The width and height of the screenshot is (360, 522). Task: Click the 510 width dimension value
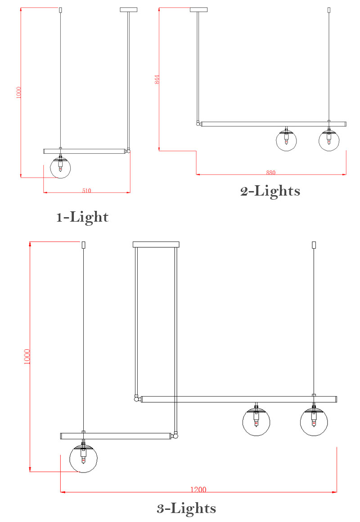pos(86,191)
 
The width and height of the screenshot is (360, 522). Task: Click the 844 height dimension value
pos(157,80)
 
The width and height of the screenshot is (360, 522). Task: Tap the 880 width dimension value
pos(270,172)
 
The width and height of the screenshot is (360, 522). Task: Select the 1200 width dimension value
pos(198,490)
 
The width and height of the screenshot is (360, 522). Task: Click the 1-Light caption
pos(82,217)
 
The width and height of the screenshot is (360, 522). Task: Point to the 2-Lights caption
pos(270,191)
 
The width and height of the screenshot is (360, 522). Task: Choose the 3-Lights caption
pos(186,509)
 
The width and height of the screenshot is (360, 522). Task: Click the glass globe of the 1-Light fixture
pos(60,168)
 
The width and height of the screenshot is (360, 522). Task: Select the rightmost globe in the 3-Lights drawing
pos(314,423)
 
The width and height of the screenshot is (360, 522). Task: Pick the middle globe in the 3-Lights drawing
pos(256,423)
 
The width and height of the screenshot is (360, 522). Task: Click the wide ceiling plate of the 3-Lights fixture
pos(156,245)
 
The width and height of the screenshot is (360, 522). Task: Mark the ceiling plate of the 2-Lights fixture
pos(198,9)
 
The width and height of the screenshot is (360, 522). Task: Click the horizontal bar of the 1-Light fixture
pos(84,151)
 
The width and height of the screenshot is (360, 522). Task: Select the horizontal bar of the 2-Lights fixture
pos(274,124)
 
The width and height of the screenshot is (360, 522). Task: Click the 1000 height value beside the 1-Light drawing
pos(18,93)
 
